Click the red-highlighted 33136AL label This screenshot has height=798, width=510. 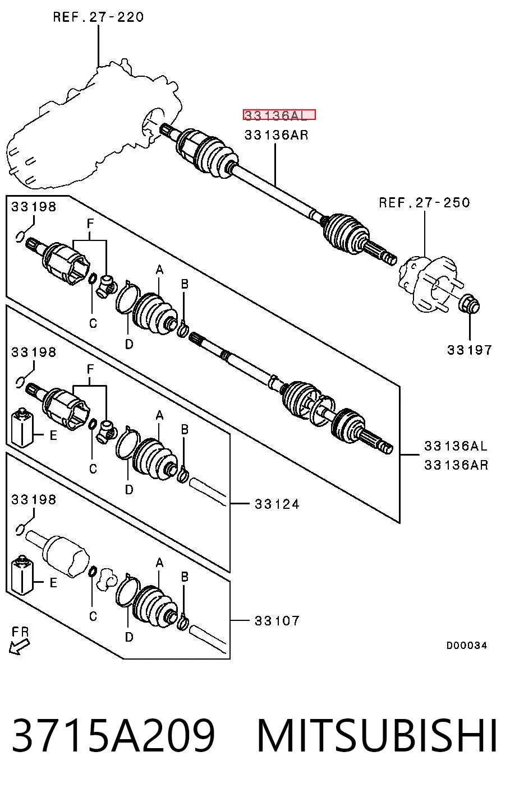pyautogui.click(x=279, y=115)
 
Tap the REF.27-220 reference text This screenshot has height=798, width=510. pyautogui.click(x=98, y=17)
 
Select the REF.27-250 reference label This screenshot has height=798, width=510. pyautogui.click(x=424, y=203)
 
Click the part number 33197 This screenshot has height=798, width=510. pyautogui.click(x=470, y=350)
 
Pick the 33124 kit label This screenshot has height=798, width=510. pyautogui.click(x=277, y=504)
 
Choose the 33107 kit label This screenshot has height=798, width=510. pyautogui.click(x=277, y=621)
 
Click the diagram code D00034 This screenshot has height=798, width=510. pyautogui.click(x=466, y=645)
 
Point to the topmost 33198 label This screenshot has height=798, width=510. pyautogui.click(x=34, y=207)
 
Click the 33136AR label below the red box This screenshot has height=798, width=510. pyautogui.click(x=276, y=135)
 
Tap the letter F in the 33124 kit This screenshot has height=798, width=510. pyautogui.click(x=90, y=369)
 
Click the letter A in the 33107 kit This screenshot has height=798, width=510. pyautogui.click(x=159, y=563)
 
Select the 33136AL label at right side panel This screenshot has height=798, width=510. pyautogui.click(x=456, y=446)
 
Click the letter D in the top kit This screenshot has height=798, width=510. pyautogui.click(x=129, y=344)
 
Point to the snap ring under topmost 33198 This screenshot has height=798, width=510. pyautogui.click(x=20, y=236)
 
